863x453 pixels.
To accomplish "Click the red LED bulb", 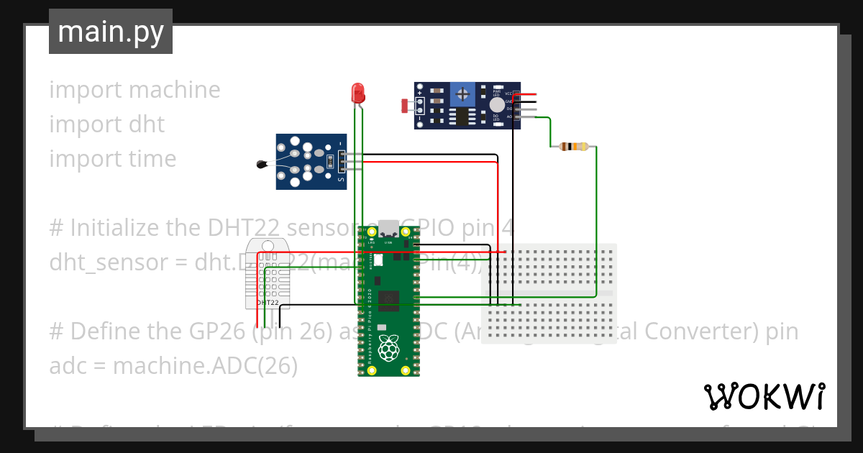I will [x=357, y=92].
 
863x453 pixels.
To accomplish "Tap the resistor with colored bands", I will [x=573, y=147].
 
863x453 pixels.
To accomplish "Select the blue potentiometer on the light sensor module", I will [x=462, y=93].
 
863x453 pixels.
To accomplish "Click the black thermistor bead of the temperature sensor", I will [x=262, y=165].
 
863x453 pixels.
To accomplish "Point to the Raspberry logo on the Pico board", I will [x=388, y=348].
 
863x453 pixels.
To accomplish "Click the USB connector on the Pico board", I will [x=388, y=228].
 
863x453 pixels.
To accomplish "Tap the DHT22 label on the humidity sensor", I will [x=268, y=303].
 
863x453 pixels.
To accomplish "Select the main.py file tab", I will [x=111, y=32].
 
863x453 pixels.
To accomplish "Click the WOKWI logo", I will [x=764, y=396].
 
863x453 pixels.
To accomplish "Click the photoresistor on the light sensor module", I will [x=405, y=106].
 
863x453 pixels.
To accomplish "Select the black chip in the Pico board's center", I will [x=389, y=297].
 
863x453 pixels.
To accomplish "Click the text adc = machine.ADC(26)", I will [x=173, y=366].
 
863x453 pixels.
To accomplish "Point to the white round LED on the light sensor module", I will [x=496, y=105].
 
